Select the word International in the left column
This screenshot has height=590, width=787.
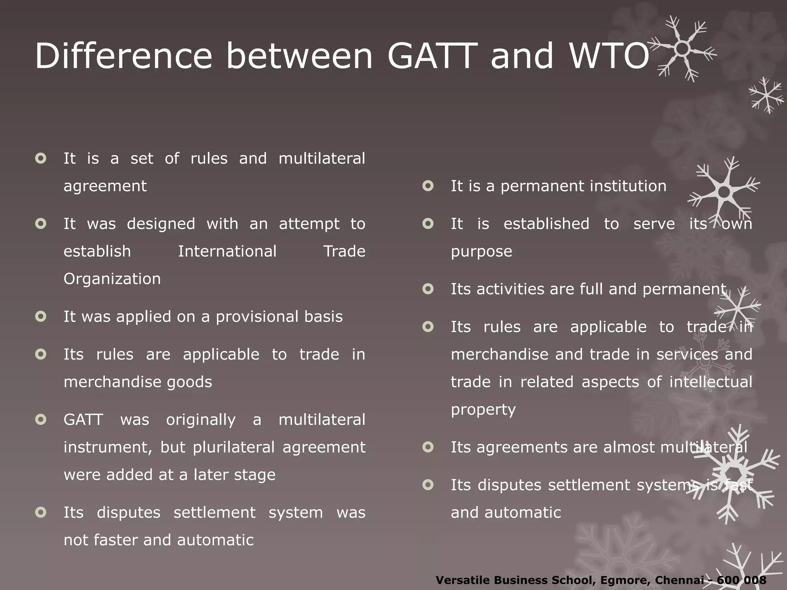pos(227,251)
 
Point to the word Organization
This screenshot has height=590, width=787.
pos(112,279)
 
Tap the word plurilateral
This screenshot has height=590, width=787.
pos(234,447)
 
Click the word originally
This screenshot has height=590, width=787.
pos(201,420)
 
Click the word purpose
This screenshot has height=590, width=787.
pos(481,252)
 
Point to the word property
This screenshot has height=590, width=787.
pos(483,410)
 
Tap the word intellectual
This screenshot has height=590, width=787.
pos(711,382)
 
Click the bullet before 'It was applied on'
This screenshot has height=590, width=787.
pos(41,317)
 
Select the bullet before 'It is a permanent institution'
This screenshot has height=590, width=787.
pos(428,186)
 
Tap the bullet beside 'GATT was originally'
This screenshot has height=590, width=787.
pos(41,419)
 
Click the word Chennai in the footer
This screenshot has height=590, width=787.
pos(678,580)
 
